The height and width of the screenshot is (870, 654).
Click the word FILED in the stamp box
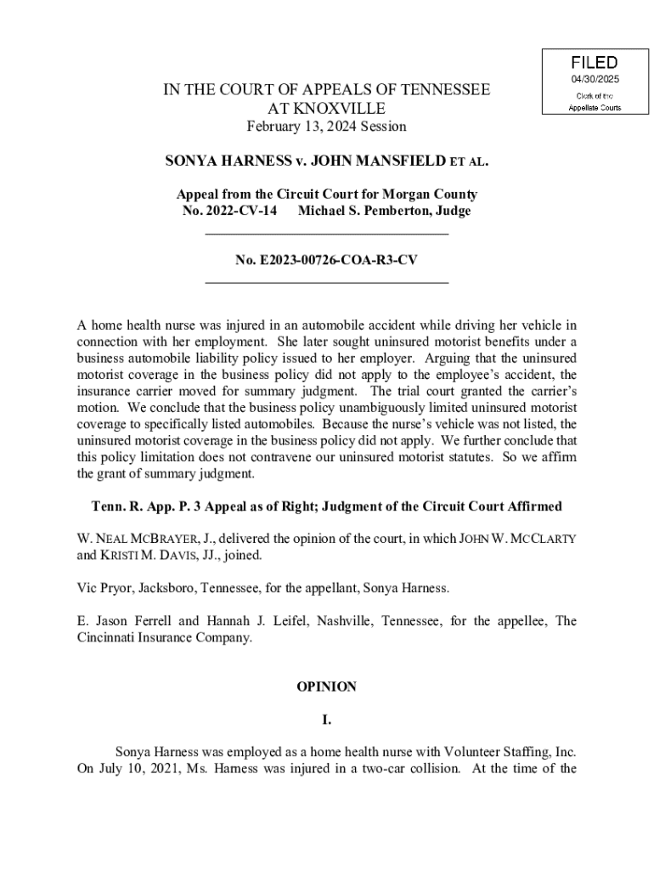594,63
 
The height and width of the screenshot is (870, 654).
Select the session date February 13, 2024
297,127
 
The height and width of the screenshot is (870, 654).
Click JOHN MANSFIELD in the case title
379,160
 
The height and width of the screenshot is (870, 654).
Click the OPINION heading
326,686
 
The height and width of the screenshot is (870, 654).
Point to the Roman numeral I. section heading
326,720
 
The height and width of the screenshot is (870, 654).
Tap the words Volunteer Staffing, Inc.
506,753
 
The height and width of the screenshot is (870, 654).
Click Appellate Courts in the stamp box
594,108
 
